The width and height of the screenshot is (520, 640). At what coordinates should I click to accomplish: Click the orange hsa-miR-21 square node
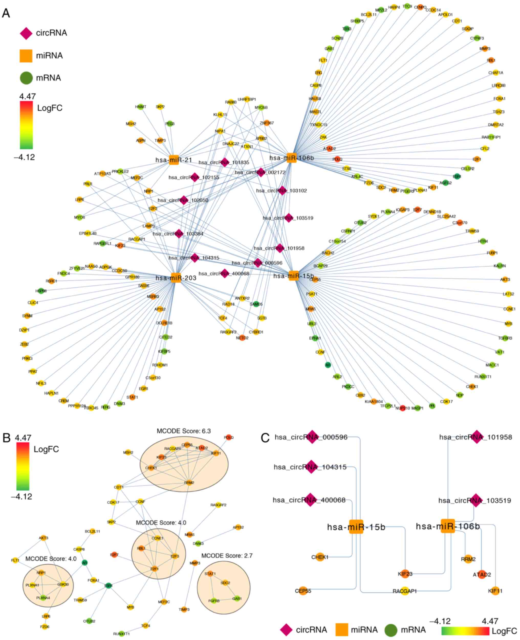coord(174,160)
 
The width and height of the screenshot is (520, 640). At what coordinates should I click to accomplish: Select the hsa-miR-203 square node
coord(176,278)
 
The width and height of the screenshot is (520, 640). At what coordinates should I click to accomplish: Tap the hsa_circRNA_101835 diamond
coord(225,162)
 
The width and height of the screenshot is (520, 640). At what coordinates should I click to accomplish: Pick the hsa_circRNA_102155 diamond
coord(195,177)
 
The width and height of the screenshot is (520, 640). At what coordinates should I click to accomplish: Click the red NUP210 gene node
coord(403,408)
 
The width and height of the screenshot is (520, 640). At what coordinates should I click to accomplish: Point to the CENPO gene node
coord(420,7)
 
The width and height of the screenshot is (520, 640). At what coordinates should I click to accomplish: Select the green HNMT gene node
coord(140,107)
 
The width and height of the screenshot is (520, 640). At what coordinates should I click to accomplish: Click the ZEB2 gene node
coord(25,344)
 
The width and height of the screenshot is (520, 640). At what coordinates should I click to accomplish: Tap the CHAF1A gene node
coord(496,73)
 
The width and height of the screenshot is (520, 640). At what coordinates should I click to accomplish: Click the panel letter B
coord(7,438)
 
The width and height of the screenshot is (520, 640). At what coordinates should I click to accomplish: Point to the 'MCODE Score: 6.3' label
coord(184,431)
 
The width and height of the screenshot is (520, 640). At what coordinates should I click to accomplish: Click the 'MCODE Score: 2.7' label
coord(227,555)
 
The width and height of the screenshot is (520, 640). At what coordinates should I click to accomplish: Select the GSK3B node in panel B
coord(63,584)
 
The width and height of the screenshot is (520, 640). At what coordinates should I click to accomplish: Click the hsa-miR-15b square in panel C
coord(356,527)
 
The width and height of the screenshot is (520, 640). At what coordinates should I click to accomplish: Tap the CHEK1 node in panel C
coord(320,557)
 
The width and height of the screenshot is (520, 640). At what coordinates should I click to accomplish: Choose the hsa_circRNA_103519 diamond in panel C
coord(475,500)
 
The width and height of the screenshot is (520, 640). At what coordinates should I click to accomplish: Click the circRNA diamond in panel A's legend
coord(26,33)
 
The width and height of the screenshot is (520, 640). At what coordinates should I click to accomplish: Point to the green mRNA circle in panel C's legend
coord(391,630)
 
